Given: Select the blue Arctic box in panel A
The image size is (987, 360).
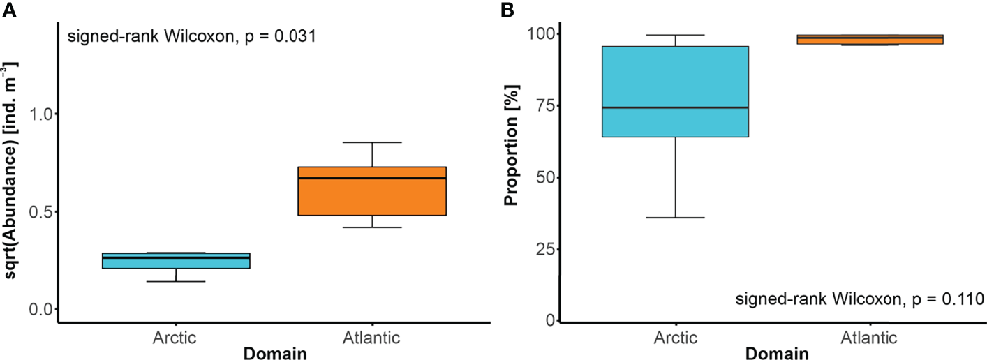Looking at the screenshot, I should click(175, 261).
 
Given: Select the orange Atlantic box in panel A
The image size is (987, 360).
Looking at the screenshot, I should click(371, 192).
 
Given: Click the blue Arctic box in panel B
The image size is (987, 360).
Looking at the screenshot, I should click(675, 91).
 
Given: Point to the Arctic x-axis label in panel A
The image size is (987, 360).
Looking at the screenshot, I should click(175, 338).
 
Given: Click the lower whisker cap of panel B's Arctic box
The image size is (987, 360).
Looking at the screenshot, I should click(675, 218).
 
